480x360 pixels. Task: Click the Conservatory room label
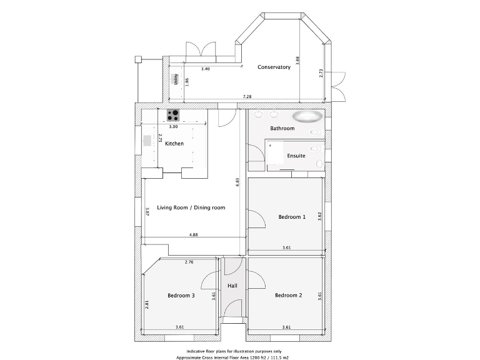click(x=274, y=67)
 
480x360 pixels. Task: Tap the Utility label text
click(x=176, y=79)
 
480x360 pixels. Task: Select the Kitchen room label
click(x=174, y=144)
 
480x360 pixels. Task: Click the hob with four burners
click(x=173, y=115)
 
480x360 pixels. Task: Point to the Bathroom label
click(x=282, y=128)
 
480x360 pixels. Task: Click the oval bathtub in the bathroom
click(x=307, y=116)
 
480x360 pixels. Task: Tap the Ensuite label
click(x=296, y=156)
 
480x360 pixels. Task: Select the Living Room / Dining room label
click(x=191, y=207)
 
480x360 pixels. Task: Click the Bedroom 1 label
click(x=292, y=217)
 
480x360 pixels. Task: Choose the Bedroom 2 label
click(x=289, y=295)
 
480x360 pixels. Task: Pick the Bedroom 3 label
click(x=181, y=295)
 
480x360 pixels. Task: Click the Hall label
click(x=232, y=286)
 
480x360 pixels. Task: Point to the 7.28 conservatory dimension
click(x=247, y=97)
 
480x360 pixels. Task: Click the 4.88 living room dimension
click(x=194, y=235)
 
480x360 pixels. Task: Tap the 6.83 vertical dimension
click(x=237, y=182)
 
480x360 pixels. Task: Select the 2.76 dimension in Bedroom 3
click(x=189, y=262)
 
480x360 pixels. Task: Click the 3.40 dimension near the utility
click(x=205, y=69)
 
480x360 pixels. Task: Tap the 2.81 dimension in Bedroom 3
click(x=147, y=304)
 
